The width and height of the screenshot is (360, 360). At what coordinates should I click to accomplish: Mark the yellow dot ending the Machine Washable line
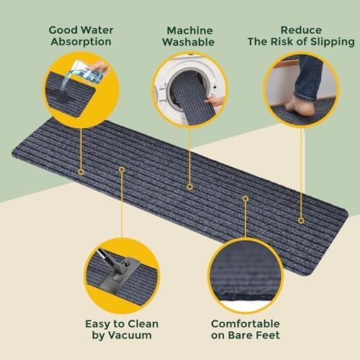pyautogui.click(x=189, y=186)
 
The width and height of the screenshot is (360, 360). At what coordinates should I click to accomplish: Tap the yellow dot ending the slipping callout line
pyautogui.click(x=302, y=220)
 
